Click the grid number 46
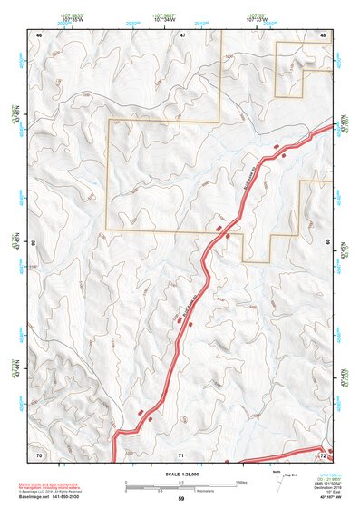(39, 34)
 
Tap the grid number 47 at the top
(181, 34)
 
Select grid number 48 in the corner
(323, 34)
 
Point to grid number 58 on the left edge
(34, 244)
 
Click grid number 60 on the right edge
(326, 242)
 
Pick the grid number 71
(180, 454)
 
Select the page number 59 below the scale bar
(180, 499)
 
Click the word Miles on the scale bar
(240, 481)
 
